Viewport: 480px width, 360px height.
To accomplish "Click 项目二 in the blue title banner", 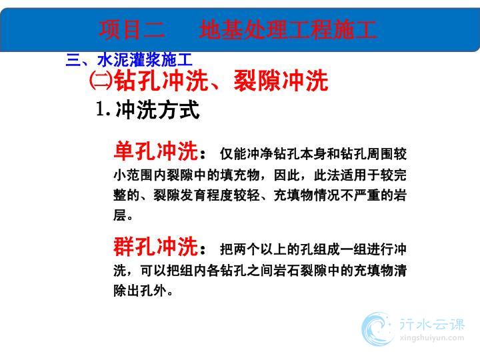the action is tap(132, 30).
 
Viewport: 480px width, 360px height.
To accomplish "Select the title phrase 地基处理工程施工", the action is tap(288, 30).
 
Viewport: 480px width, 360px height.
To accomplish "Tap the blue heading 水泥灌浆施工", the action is tap(145, 59).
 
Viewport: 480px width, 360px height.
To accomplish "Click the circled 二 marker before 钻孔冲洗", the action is tap(101, 81).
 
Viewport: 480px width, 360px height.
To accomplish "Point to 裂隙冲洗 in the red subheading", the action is tap(281, 81).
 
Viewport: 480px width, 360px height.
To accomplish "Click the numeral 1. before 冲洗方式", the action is tap(103, 109).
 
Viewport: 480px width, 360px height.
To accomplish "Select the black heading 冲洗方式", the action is tap(157, 109).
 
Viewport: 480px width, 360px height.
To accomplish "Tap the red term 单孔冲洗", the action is tap(155, 151).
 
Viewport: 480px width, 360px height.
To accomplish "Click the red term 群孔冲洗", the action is tap(155, 247).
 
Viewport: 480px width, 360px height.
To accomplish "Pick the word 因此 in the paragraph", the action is tap(287, 175).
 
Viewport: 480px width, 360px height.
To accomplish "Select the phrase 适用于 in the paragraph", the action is tap(360, 175).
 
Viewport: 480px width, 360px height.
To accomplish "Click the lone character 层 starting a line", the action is tap(120, 215).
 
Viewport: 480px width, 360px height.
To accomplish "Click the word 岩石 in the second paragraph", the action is tap(287, 270).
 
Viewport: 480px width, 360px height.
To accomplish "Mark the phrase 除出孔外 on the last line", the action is tap(140, 291).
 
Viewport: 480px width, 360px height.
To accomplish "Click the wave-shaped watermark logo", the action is tap(377, 329).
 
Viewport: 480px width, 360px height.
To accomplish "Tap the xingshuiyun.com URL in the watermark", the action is tap(432, 338).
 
